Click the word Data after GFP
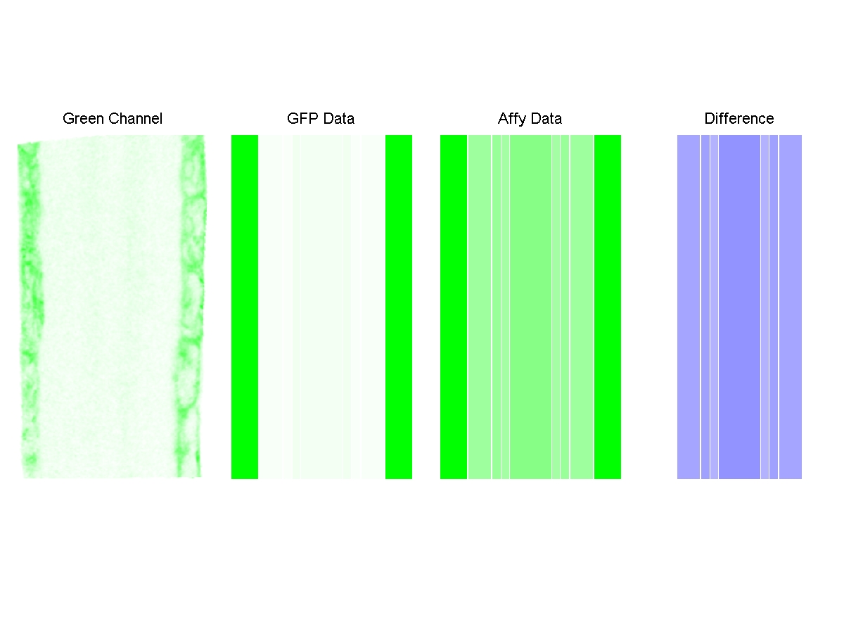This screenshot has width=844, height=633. coord(338,119)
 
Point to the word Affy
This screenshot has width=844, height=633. coord(512,119)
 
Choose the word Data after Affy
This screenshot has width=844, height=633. coord(546,119)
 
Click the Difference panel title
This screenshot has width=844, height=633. coord(738,119)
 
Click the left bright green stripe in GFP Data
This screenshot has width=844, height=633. coord(245,307)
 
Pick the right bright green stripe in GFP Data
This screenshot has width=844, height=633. coord(398,307)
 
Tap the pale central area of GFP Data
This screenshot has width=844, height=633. coord(321,307)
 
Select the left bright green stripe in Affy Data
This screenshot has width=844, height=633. coord(454,307)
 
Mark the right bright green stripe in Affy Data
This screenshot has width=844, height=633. coord(608,307)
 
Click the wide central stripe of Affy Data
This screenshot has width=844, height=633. coord(530,307)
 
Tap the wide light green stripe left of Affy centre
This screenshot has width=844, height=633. coord(480,307)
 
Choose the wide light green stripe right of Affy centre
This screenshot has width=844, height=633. coord(581,307)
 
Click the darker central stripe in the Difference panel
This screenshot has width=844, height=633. coord(739,307)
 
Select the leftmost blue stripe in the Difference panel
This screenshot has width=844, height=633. coord(689,307)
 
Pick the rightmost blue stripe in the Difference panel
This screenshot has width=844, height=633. coord(790,307)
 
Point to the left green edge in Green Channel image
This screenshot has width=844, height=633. coord(30,307)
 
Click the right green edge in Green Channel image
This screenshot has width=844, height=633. coord(192,307)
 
